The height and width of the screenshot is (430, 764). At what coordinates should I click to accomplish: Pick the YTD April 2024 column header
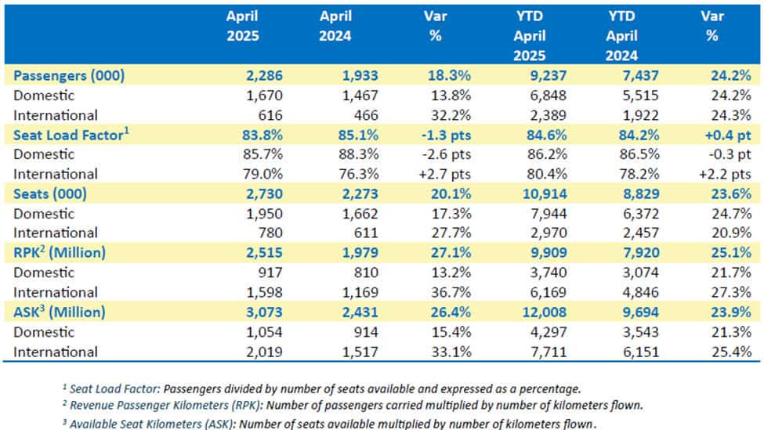coord(625,36)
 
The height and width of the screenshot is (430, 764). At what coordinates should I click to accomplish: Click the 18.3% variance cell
coord(447,75)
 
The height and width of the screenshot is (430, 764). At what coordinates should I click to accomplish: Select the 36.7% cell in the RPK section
coord(448,292)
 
